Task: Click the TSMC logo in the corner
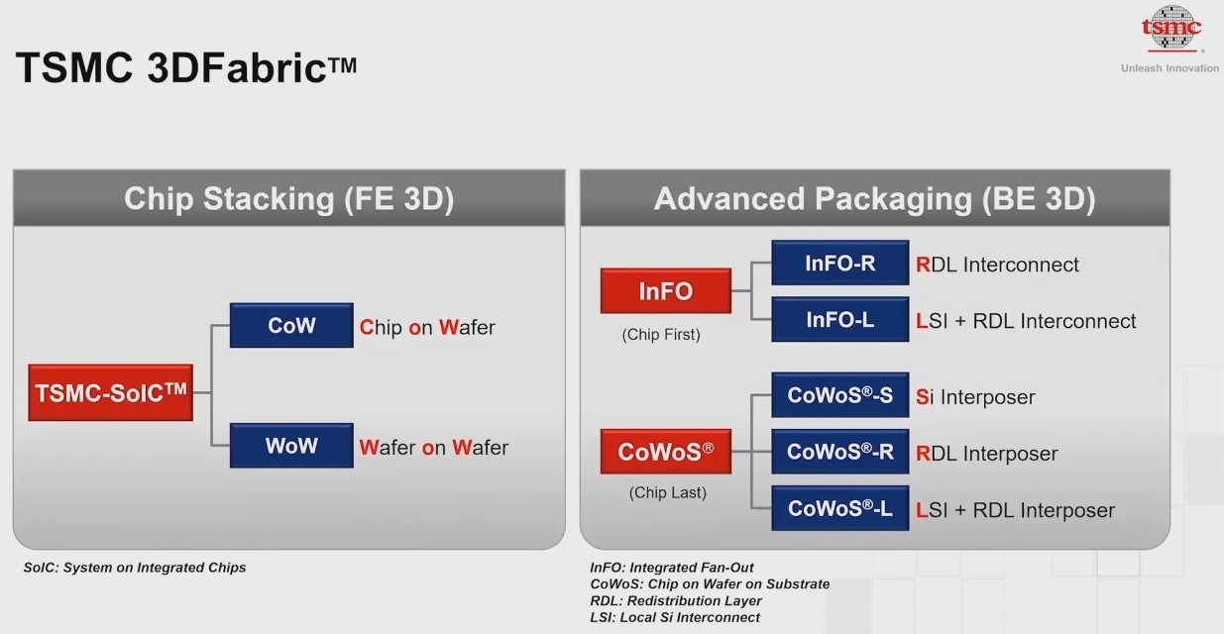tap(1171, 29)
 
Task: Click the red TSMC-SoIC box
tap(110, 392)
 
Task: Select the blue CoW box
tap(291, 326)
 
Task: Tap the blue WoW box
tap(291, 446)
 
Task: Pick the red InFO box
tap(666, 290)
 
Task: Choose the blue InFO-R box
tap(839, 263)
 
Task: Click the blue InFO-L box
tap(839, 319)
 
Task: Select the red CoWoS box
tap(666, 451)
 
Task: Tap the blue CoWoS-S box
tap(839, 395)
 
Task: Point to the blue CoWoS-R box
tap(839, 452)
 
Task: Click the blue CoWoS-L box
tap(839, 508)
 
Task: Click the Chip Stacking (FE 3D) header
tap(289, 198)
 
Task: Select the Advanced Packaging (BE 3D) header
tap(875, 198)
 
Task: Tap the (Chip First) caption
tap(661, 334)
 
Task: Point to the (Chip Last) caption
tap(668, 492)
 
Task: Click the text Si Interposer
tap(975, 397)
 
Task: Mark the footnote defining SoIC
tap(135, 568)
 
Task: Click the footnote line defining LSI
tap(675, 617)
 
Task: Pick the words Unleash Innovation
tap(1169, 68)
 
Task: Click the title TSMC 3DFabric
tap(185, 67)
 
